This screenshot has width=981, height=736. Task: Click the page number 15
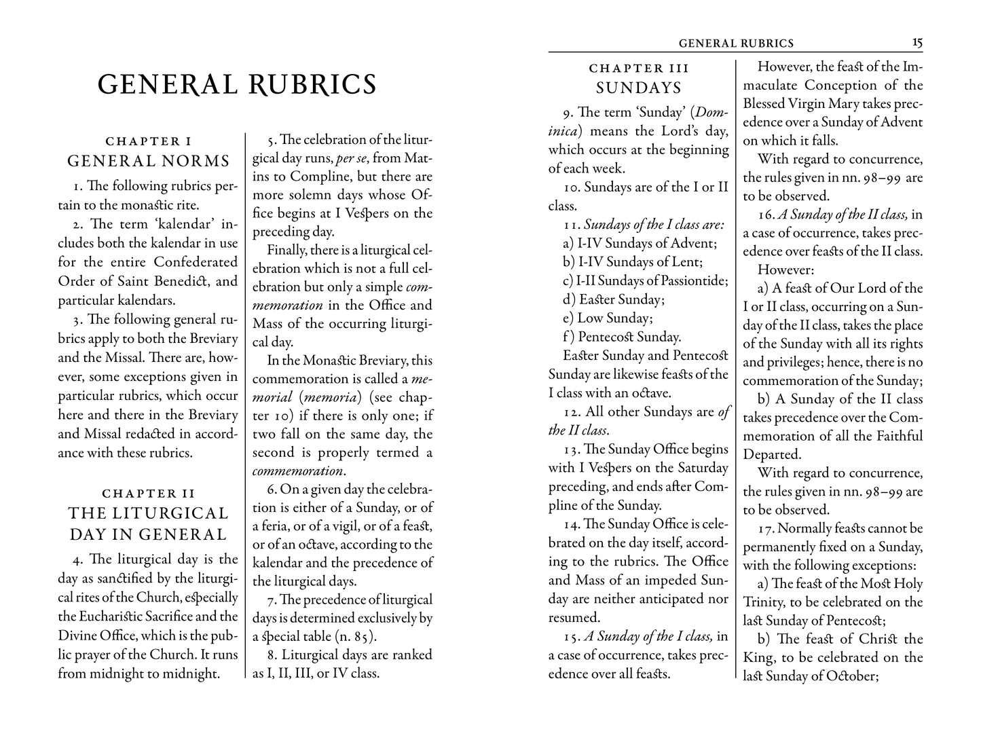click(x=917, y=43)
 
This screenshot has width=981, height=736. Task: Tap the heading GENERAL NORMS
click(x=148, y=162)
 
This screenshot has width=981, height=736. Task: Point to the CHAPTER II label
click(x=148, y=494)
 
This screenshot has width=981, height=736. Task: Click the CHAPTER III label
click(x=639, y=68)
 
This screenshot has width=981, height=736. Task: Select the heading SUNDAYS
click(x=639, y=88)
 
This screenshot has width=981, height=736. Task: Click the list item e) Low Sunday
click(x=608, y=318)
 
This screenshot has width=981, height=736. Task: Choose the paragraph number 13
click(x=570, y=449)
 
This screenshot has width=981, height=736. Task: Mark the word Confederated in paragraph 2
click(x=196, y=262)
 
